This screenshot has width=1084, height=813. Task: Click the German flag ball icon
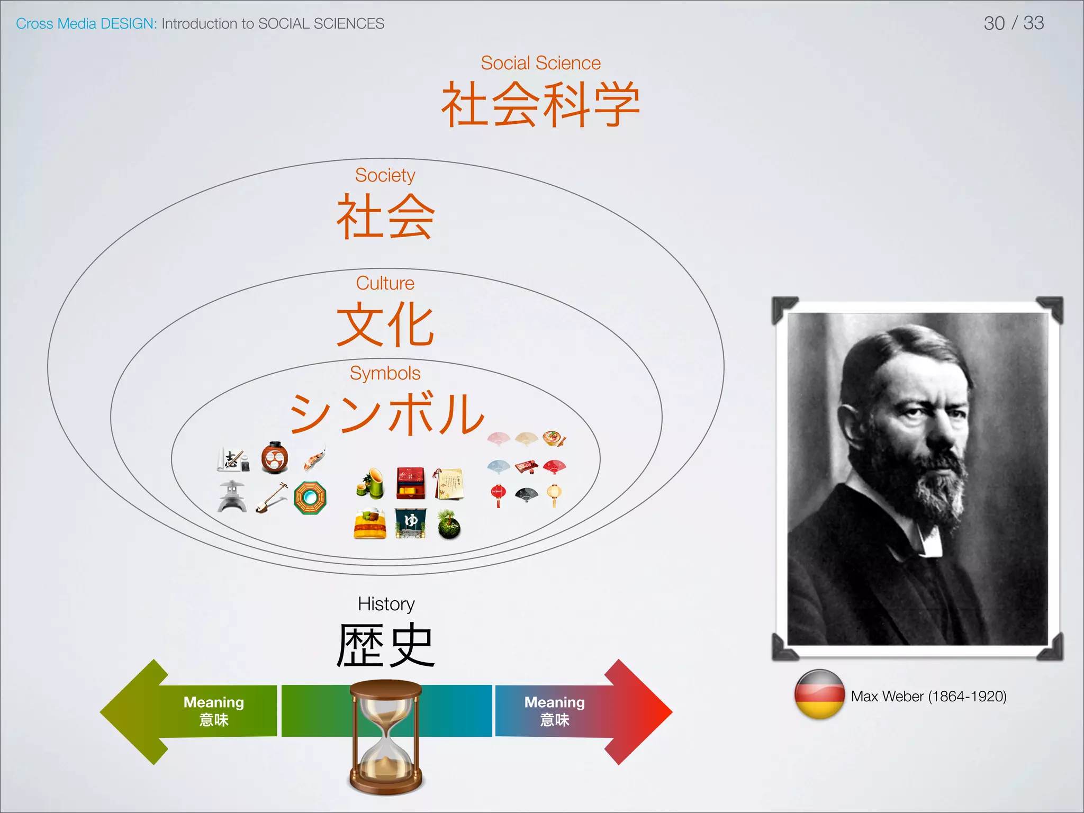click(x=819, y=694)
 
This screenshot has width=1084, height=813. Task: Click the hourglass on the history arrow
click(x=386, y=737)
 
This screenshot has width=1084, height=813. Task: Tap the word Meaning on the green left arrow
click(x=213, y=702)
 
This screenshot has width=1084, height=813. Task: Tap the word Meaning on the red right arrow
click(x=554, y=702)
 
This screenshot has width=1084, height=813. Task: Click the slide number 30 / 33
click(x=1013, y=23)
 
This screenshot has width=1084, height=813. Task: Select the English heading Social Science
click(x=540, y=63)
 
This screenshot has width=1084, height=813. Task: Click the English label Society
click(x=385, y=175)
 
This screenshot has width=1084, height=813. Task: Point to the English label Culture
click(x=385, y=283)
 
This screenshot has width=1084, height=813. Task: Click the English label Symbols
click(x=385, y=373)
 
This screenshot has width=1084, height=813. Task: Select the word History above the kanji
click(x=386, y=604)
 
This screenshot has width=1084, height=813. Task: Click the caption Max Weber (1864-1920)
click(x=928, y=696)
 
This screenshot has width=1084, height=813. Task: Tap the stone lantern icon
click(x=232, y=496)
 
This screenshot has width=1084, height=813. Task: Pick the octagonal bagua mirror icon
click(x=310, y=498)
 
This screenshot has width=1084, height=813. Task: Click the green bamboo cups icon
click(x=371, y=484)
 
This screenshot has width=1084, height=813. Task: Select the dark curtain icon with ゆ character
click(x=410, y=523)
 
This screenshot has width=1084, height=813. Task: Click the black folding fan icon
click(x=526, y=495)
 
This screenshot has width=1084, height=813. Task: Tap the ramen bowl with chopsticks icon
click(x=554, y=438)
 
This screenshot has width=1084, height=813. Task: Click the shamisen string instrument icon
click(x=271, y=498)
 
